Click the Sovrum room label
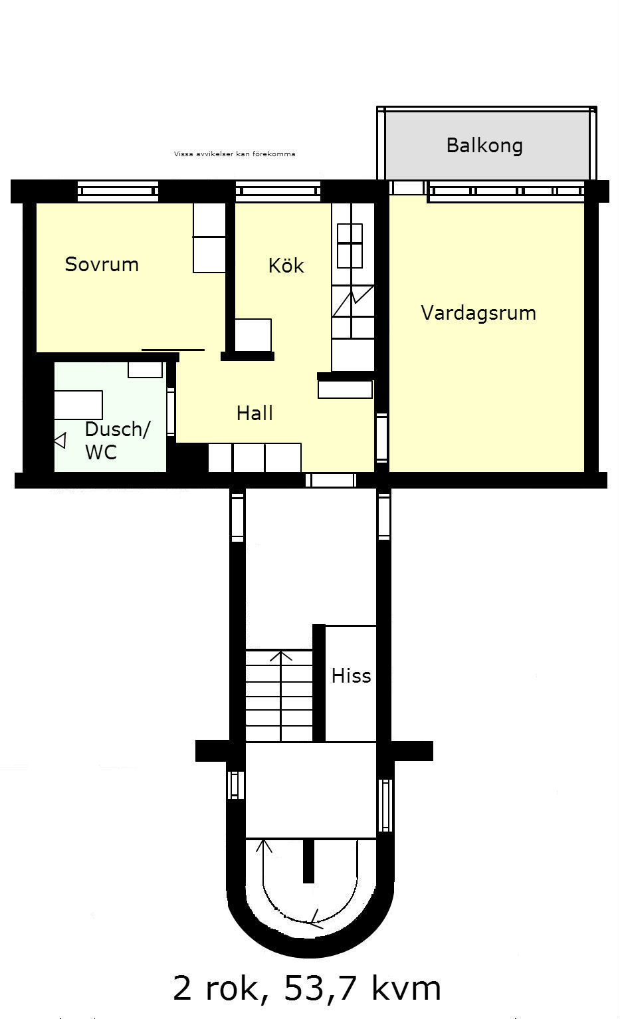click(102, 265)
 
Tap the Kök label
click(286, 265)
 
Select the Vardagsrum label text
click(478, 313)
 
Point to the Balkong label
click(484, 146)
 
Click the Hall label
click(255, 413)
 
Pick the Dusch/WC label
click(118, 440)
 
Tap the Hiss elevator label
click(351, 676)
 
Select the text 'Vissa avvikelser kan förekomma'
click(235, 154)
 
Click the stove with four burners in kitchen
click(350, 246)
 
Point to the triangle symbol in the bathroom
click(60, 440)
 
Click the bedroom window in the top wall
click(118, 191)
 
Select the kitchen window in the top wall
click(278, 191)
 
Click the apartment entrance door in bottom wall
click(331, 480)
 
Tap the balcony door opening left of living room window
click(407, 187)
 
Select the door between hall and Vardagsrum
click(382, 437)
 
